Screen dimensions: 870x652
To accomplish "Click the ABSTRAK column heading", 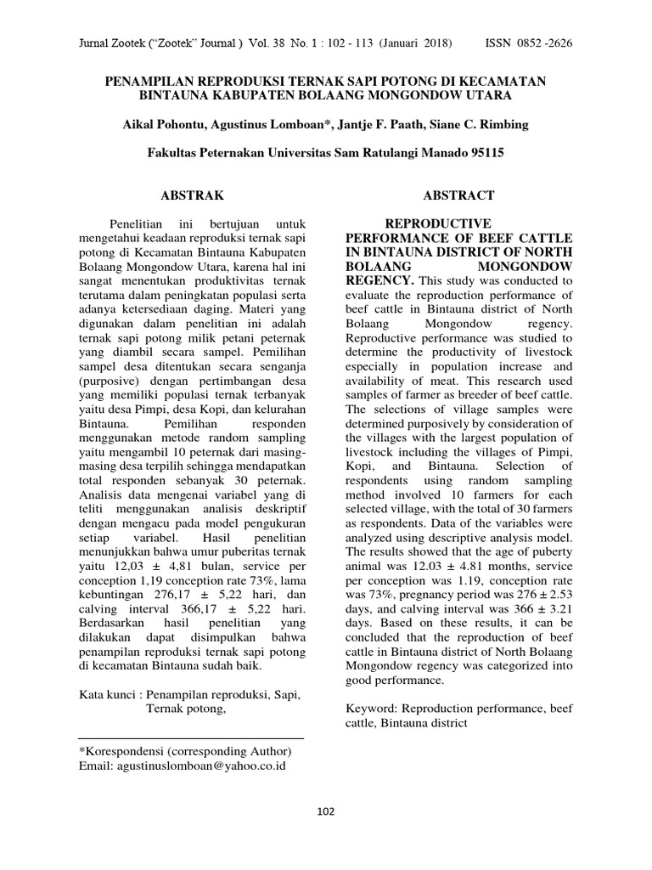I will [190, 195].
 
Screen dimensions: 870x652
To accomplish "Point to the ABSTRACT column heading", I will [460, 195].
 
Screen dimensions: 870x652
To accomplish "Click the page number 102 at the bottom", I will [325, 811].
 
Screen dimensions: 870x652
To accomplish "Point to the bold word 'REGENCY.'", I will [382, 280].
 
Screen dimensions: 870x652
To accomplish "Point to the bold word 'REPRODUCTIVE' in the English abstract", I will [426, 223].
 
